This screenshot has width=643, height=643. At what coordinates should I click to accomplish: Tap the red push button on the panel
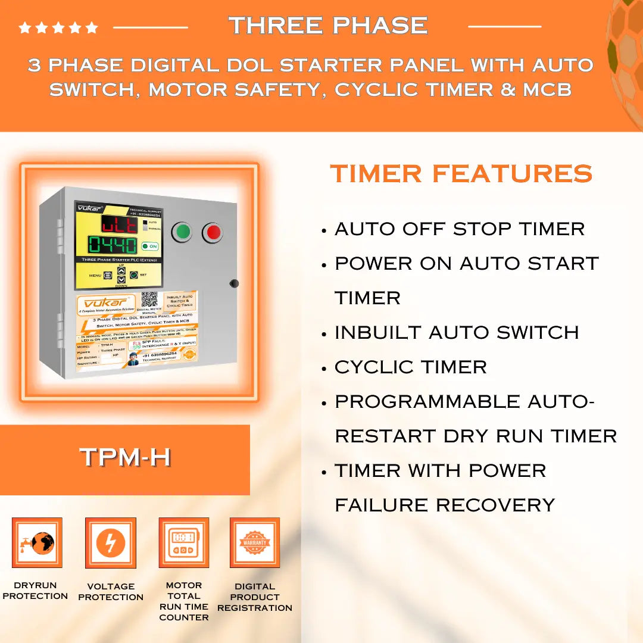pyautogui.click(x=213, y=233)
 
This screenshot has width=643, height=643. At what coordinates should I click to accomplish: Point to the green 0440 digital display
pyautogui.click(x=113, y=245)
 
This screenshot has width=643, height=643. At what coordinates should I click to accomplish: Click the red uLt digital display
pyautogui.click(x=117, y=224)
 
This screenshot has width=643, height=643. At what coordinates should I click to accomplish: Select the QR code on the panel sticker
pyautogui.click(x=149, y=299)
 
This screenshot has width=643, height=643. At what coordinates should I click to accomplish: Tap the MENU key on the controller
pyautogui.click(x=108, y=275)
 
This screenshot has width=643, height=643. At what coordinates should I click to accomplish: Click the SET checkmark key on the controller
pyautogui.click(x=134, y=275)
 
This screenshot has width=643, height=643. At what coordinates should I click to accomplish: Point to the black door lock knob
pyautogui.click(x=234, y=283)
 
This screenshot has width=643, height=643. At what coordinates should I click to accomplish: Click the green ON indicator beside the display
pyautogui.click(x=149, y=246)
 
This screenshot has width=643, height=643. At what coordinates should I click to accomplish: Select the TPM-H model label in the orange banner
pyautogui.click(x=126, y=457)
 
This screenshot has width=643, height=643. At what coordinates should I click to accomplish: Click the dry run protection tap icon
pyautogui.click(x=37, y=542)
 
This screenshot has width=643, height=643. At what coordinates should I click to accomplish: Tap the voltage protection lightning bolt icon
pyautogui.click(x=111, y=543)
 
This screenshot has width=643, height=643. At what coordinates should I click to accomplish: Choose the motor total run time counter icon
pyautogui.click(x=183, y=542)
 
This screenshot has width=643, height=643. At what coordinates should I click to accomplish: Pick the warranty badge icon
pyautogui.click(x=255, y=542)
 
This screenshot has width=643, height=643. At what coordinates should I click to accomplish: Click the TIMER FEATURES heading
pyautogui.click(x=461, y=174)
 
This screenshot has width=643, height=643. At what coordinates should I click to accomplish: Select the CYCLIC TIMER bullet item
pyautogui.click(x=411, y=367)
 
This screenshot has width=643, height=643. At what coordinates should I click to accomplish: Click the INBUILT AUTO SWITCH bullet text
pyautogui.click(x=457, y=332)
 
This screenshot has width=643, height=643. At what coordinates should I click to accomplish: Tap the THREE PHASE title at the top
pyautogui.click(x=328, y=26)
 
